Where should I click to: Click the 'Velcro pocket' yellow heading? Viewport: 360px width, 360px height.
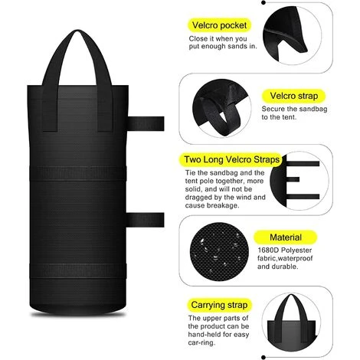click(x=219, y=25)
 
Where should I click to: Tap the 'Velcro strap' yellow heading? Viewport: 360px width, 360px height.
click(x=294, y=96)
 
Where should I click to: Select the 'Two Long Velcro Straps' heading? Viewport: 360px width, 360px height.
click(x=231, y=159)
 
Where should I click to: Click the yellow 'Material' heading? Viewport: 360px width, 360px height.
click(x=286, y=237)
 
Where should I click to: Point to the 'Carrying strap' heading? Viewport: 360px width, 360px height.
click(x=219, y=305)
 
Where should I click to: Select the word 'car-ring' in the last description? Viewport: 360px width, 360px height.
click(x=201, y=342)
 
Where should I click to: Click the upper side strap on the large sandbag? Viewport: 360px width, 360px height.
click(x=146, y=123)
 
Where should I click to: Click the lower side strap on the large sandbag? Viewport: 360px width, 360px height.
click(x=146, y=220)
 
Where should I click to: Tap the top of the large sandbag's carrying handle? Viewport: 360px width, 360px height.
click(x=77, y=32)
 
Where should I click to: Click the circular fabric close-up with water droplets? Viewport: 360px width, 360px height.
click(x=220, y=252)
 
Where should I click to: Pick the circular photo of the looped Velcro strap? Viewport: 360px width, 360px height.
click(x=221, y=108)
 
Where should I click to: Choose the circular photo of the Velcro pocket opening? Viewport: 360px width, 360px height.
click(x=292, y=35)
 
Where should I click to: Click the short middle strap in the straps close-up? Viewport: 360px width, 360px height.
click(x=293, y=179)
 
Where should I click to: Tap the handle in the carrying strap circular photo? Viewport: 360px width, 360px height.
click(x=291, y=297)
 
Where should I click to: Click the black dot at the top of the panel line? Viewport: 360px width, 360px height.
click(x=263, y=2)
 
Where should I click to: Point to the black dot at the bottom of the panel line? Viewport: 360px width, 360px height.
click(x=263, y=357)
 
